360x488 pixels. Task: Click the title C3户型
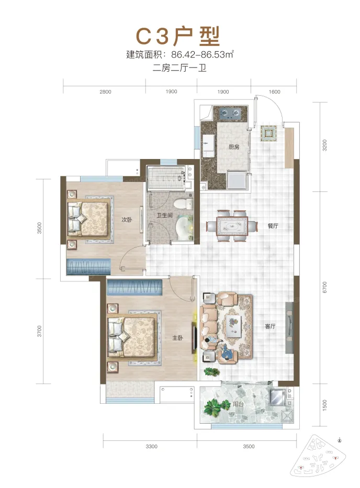178,36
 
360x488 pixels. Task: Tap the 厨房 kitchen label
234,146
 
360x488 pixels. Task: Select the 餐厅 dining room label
273,225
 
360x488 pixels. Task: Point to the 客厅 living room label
270,326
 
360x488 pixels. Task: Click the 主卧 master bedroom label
178,338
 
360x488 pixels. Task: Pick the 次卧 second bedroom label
127,219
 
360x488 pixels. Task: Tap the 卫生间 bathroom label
165,215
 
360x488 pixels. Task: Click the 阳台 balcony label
238,404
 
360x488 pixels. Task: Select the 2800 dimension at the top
105,92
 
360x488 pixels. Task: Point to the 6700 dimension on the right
325,287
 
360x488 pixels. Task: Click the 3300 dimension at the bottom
151,446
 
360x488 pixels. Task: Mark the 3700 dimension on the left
39,331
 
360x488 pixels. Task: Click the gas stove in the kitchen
230,114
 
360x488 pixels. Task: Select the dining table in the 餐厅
232,225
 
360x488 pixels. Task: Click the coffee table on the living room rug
234,326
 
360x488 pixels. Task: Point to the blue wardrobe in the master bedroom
134,287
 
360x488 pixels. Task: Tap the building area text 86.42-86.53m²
203,54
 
